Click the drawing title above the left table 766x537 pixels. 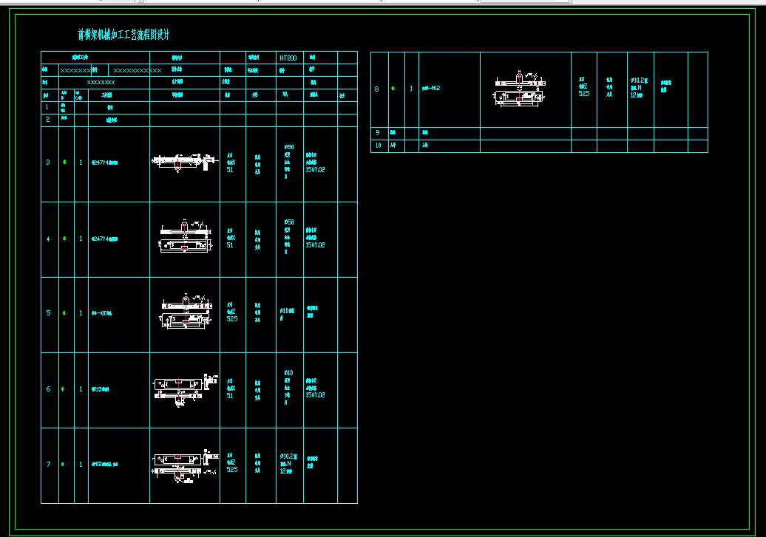point(124,35)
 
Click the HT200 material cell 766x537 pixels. point(288,58)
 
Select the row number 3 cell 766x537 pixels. point(49,163)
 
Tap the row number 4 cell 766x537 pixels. point(49,239)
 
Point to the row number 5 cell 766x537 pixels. point(49,313)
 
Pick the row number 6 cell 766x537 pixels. point(49,389)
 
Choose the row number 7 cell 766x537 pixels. point(49,465)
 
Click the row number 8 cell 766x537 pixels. point(377,89)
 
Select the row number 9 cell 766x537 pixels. point(377,133)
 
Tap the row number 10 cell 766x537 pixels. point(377,146)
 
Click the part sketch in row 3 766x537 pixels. point(183,162)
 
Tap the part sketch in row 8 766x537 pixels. point(521,89)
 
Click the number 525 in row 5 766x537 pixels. point(231,320)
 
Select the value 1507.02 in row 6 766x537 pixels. point(315,395)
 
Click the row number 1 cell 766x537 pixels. point(49,107)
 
